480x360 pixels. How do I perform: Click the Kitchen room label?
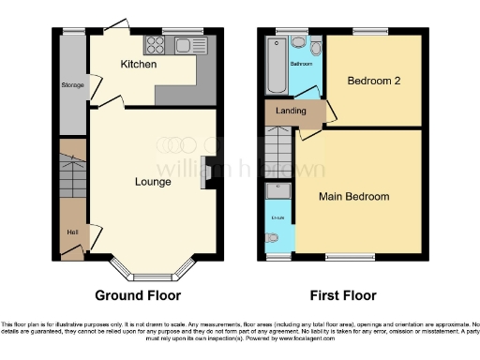pos(138,65)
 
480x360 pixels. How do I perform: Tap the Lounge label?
pos(152,181)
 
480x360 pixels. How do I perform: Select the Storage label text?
pos(72,85)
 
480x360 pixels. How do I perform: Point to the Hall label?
pos(71,232)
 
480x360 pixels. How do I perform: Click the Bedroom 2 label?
pos(374,82)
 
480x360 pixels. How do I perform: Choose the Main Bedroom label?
pos(354,197)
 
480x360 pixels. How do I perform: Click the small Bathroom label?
pos(301,65)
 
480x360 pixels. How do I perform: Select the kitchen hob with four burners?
pos(155,45)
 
